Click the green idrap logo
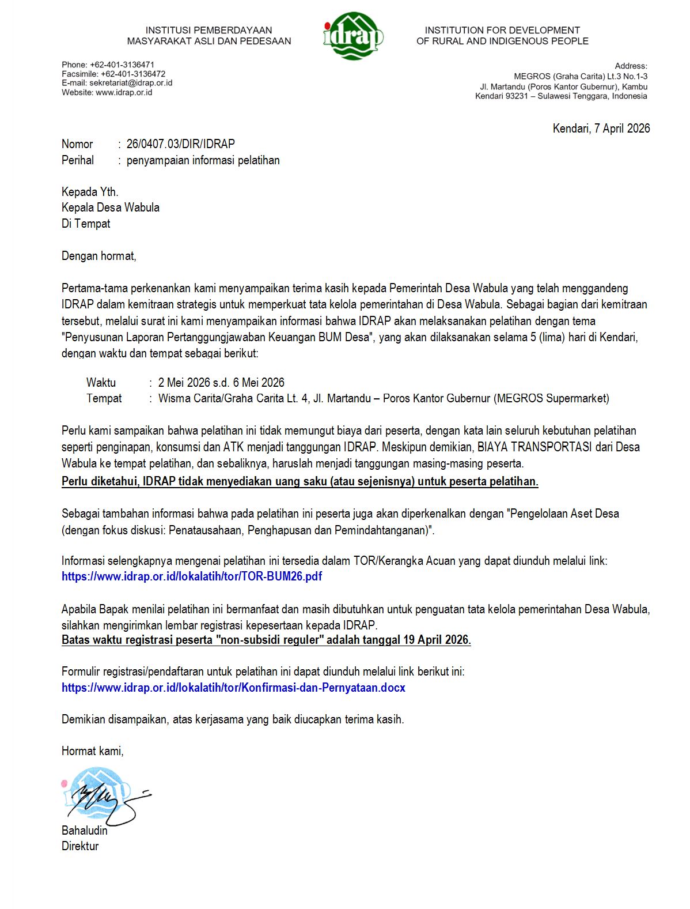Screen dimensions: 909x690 [353, 36]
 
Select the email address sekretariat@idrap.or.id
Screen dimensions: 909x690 [131, 83]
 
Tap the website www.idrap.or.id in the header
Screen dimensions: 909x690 [124, 92]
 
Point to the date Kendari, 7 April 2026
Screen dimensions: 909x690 [601, 129]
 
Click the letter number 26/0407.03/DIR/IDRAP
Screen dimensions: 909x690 [180, 144]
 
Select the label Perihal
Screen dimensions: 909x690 [78, 160]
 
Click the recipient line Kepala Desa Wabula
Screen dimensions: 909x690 [111, 208]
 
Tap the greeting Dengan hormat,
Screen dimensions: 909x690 [99, 256]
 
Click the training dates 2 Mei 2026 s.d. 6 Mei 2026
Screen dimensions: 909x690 [221, 383]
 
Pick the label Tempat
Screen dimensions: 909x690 [104, 398]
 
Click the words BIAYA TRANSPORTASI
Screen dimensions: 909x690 [534, 447]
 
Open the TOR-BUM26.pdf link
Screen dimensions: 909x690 [192, 576]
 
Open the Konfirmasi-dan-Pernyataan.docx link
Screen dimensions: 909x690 [233, 688]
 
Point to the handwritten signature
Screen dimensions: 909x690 [104, 798]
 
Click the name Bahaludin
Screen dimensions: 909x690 [85, 831]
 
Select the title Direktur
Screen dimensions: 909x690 [80, 846]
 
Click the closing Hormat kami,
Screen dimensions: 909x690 [93, 751]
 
